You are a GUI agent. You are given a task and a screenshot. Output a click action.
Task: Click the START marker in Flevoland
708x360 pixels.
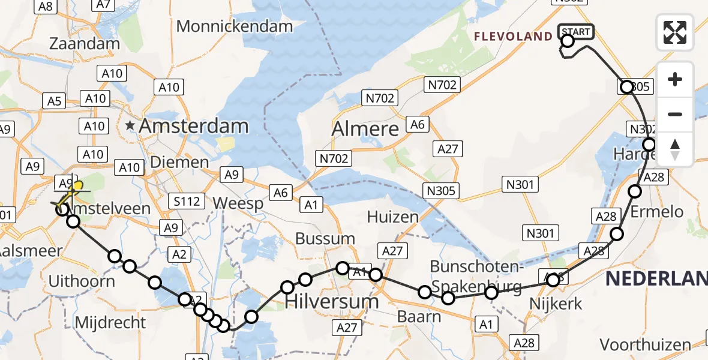click(576, 32)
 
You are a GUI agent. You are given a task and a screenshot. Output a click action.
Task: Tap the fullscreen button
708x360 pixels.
click(675, 32)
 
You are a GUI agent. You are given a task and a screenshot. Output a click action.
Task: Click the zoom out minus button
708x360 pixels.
click(675, 114)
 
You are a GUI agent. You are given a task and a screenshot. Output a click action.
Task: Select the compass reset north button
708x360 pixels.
click(675, 149)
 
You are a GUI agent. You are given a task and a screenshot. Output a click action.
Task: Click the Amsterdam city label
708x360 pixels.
click(194, 126)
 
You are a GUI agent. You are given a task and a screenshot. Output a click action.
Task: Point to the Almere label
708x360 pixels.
click(365, 129)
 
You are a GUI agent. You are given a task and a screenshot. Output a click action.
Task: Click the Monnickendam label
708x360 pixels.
click(235, 26)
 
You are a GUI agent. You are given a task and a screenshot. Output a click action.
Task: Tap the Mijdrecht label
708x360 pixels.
click(110, 323)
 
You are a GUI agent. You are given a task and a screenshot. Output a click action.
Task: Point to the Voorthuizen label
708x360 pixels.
click(646, 345)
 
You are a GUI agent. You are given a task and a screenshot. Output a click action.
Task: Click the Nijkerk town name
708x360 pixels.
click(556, 304)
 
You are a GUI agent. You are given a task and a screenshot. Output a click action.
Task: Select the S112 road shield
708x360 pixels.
click(187, 201)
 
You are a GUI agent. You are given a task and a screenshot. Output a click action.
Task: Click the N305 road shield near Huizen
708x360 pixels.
click(441, 191)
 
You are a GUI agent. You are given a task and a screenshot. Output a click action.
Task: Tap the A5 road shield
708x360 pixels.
click(55, 101)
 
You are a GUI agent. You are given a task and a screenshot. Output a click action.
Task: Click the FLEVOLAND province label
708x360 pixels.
click(513, 37)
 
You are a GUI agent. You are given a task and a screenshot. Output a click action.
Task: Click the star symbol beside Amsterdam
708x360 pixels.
click(130, 126)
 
